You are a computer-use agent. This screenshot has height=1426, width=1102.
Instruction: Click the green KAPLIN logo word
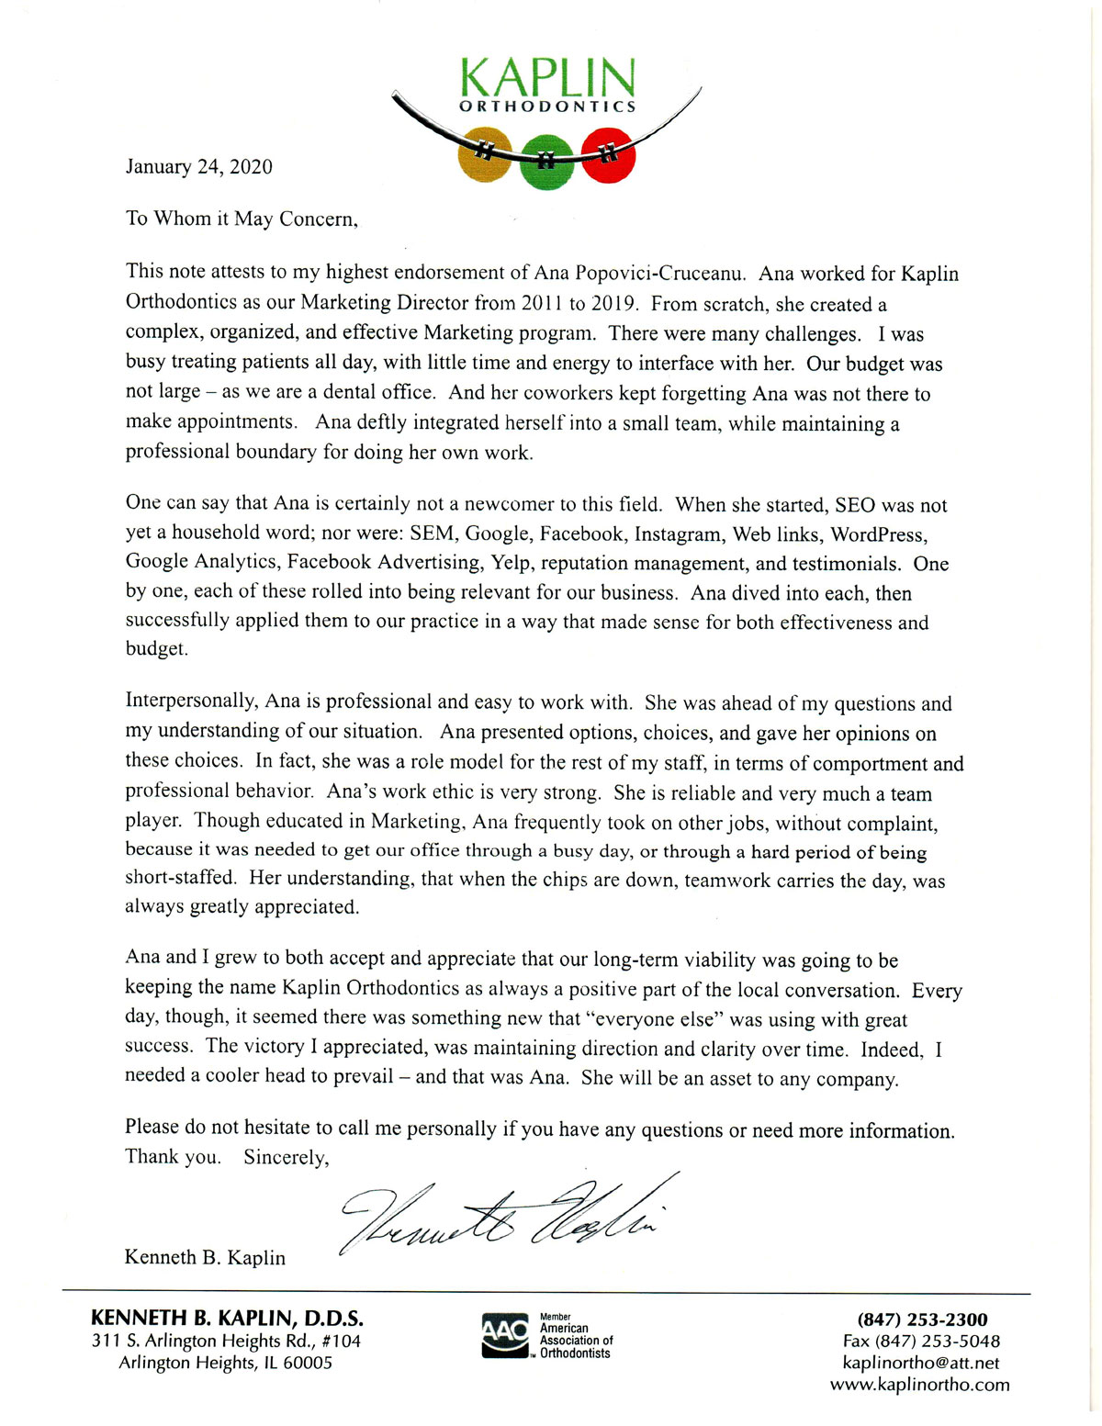coord(547,78)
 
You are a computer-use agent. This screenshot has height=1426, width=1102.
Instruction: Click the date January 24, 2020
coord(198,166)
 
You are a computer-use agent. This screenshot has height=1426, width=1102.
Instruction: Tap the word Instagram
coord(678,533)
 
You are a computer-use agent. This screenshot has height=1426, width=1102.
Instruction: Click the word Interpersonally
coord(190,702)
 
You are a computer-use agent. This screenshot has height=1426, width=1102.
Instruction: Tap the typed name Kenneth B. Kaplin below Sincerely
coord(205,1257)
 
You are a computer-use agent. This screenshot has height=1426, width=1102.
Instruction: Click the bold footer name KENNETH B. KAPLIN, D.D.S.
coord(227,1319)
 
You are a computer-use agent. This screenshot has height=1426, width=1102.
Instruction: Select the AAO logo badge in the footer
coord(504,1336)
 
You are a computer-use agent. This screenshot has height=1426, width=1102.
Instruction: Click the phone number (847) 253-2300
coord(922,1319)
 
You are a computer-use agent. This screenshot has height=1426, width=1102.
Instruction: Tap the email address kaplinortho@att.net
coord(920,1363)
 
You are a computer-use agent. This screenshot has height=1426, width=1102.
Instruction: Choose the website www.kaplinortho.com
coord(919,1385)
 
